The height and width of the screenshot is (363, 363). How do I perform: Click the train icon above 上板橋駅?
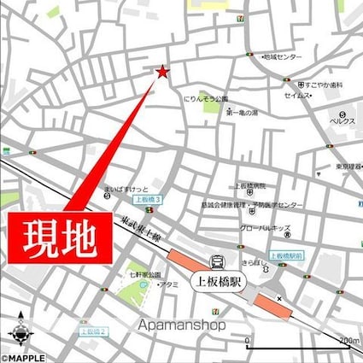(218, 263)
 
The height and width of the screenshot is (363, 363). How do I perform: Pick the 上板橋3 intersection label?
(147, 199)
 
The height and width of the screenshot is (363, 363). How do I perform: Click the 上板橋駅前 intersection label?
(287, 255)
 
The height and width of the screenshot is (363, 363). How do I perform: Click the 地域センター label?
(283, 56)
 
